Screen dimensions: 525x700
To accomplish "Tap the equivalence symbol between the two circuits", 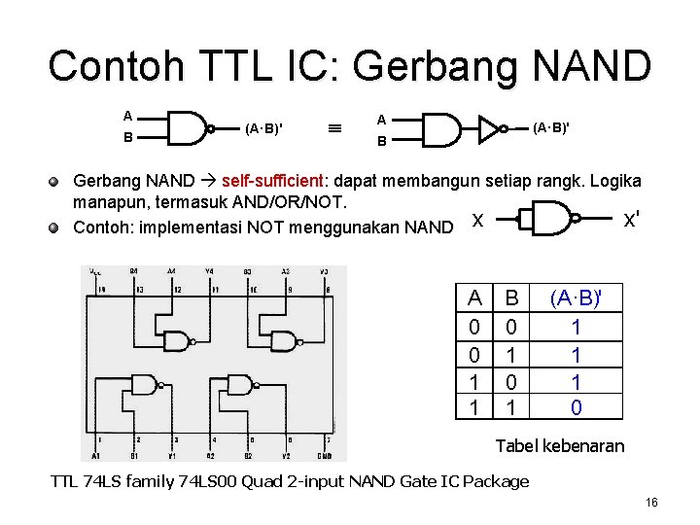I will (333, 127).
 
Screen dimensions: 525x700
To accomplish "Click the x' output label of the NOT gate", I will (631, 221).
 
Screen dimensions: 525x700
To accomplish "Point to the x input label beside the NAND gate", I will (476, 221).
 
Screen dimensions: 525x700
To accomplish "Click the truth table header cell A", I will (474, 298).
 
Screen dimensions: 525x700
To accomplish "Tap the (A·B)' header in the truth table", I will (576, 297).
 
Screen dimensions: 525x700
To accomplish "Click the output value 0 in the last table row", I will (576, 407).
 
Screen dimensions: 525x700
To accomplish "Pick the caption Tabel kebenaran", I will (560, 446).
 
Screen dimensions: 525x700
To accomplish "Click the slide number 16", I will (651, 502).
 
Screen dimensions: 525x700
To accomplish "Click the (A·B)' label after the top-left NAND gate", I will (263, 128).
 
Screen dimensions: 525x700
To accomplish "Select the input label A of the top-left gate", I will (128, 115).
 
